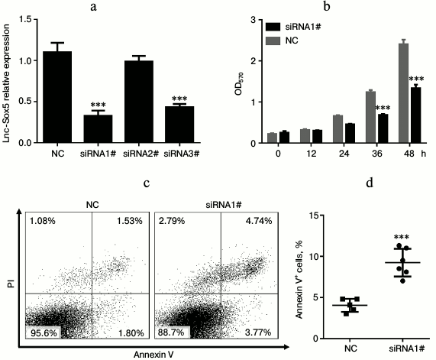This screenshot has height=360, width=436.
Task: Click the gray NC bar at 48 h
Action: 402,92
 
